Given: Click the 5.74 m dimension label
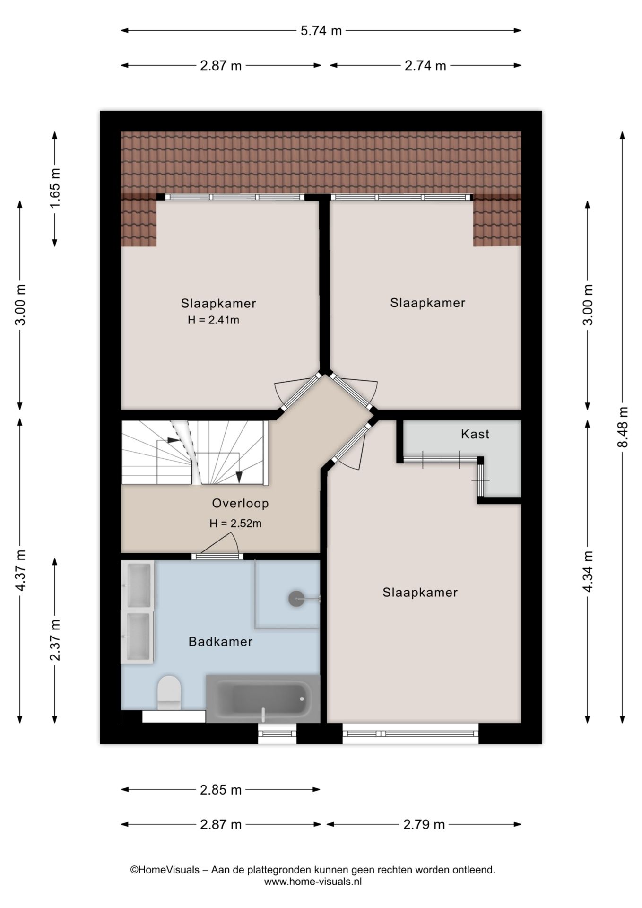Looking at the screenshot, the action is click(321, 31).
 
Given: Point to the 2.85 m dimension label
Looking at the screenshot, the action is click(221, 790).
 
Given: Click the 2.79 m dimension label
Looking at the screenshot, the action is click(424, 825).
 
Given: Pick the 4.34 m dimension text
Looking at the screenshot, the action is click(588, 571).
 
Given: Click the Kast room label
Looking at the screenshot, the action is click(475, 434).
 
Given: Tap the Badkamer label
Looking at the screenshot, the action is click(220, 642).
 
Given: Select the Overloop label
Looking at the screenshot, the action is click(240, 503).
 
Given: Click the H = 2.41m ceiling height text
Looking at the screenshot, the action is click(213, 320).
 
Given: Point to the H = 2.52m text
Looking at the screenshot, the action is click(235, 524).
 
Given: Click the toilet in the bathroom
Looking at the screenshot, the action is click(169, 693).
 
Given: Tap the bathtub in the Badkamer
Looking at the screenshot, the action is click(263, 698).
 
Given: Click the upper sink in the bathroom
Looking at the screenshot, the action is click(138, 585).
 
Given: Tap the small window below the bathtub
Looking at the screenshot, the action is click(277, 733).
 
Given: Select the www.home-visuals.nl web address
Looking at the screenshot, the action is click(313, 882).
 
